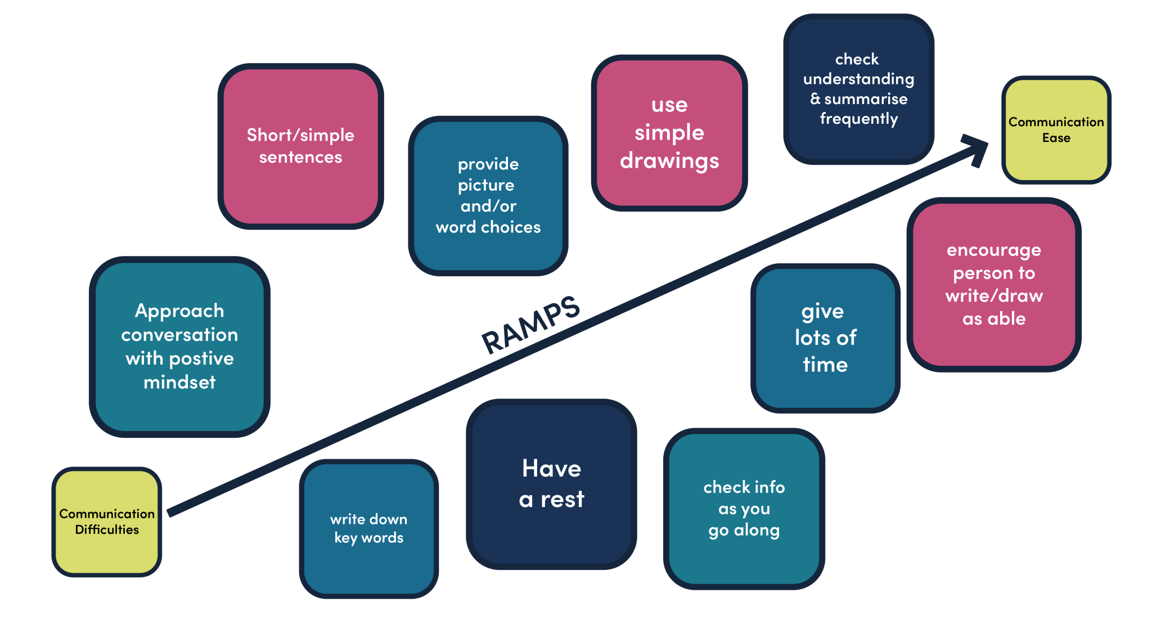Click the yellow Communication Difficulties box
pos(107,522)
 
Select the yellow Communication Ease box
pos(1056,130)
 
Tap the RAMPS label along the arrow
pos(530,325)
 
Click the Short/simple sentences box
pos(300,146)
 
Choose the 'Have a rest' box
pos(551,484)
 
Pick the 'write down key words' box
pos(368,528)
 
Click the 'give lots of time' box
pos(825,338)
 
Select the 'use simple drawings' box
pos(669,133)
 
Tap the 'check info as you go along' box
pos(744,508)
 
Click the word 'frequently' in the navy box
pos(859,119)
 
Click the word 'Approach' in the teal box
pos(179,311)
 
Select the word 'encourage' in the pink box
pos(994,250)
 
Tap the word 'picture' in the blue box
pos(486,185)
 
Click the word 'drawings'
pos(669,162)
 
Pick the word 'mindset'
pos(179,383)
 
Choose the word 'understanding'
pos(858,79)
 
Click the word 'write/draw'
pos(994,296)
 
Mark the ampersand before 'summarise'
pos(815,99)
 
